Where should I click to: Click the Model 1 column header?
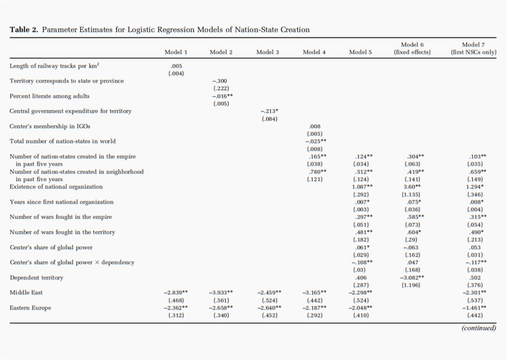175,52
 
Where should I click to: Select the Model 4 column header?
314,52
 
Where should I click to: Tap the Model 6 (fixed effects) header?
412,49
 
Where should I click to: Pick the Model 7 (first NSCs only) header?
473,49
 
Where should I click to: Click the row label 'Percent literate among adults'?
49,96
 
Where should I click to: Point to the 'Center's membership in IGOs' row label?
49,126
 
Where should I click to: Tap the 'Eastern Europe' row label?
28,308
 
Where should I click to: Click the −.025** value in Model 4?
314,141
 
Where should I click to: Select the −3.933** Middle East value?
221,293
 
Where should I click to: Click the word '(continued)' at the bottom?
479,327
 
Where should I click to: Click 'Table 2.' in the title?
24,30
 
